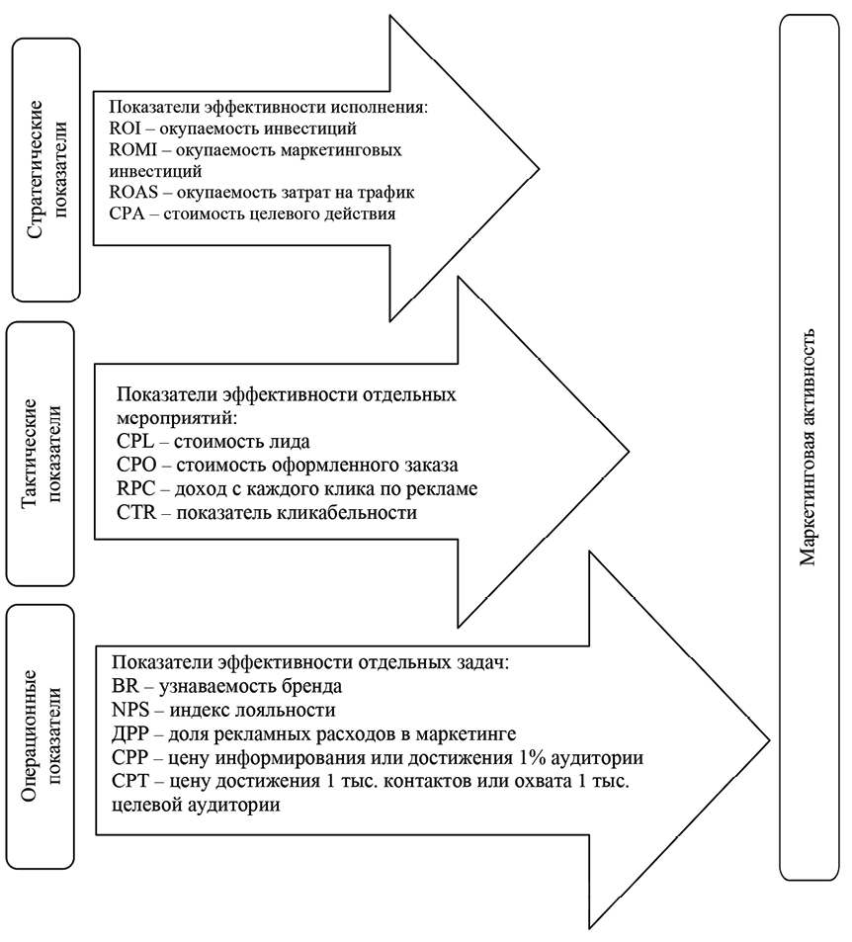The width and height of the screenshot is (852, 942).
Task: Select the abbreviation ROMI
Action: [130, 150]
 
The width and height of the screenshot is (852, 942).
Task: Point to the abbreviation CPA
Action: [125, 214]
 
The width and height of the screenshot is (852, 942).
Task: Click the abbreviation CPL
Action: [132, 440]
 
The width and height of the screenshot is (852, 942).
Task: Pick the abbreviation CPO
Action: [133, 465]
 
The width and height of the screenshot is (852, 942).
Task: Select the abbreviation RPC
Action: [133, 488]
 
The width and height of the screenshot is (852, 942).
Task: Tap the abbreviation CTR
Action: [133, 513]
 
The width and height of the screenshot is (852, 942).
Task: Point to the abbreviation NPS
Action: [129, 710]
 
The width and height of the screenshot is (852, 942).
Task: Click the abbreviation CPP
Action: [130, 758]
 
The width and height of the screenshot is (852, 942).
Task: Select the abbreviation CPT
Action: [130, 782]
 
